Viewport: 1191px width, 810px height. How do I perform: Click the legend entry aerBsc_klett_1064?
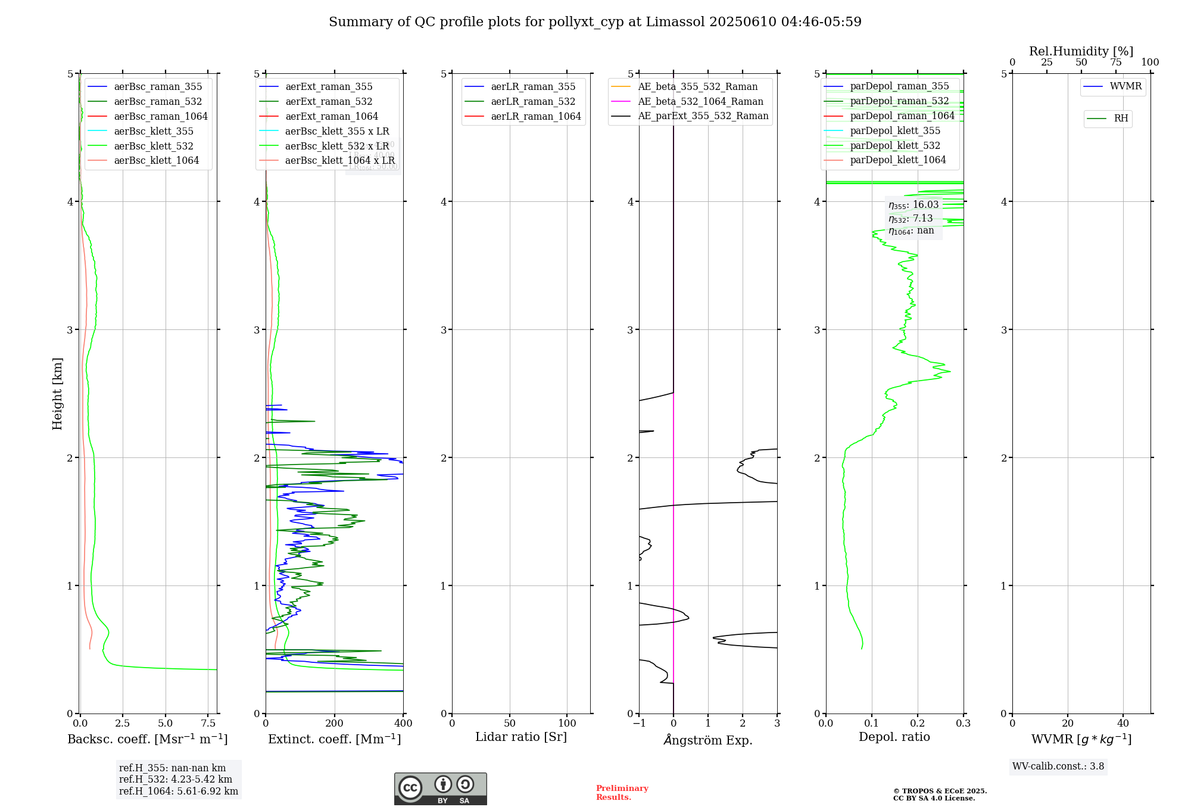pyautogui.click(x=156, y=161)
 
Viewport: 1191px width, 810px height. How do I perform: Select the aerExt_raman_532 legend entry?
pyautogui.click(x=329, y=102)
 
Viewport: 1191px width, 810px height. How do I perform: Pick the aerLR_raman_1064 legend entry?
pyautogui.click(x=535, y=117)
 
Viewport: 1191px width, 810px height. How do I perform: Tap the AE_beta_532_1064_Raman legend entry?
pyautogui.click(x=700, y=102)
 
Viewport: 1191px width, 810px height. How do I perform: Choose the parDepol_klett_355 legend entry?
pyautogui.click(x=895, y=131)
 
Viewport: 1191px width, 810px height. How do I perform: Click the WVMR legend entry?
pyautogui.click(x=1125, y=86)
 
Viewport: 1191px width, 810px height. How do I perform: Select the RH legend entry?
pyautogui.click(x=1121, y=119)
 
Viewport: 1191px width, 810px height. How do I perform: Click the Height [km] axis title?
pyautogui.click(x=57, y=394)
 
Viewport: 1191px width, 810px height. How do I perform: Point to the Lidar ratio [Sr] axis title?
pyautogui.click(x=521, y=737)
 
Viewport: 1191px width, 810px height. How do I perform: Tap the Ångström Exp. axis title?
pyautogui.click(x=708, y=740)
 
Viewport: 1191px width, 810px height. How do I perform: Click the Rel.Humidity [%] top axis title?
pyautogui.click(x=1081, y=51)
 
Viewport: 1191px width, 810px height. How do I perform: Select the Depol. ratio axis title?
pyautogui.click(x=894, y=737)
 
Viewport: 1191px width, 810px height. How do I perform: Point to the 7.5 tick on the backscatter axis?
pyautogui.click(x=208, y=724)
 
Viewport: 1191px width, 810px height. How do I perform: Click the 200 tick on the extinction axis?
pyautogui.click(x=335, y=724)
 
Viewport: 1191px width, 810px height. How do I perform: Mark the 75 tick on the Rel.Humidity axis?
pyautogui.click(x=1115, y=63)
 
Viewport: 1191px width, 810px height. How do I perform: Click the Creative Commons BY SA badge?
pyautogui.click(x=440, y=789)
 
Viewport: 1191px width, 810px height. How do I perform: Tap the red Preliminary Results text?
pyautogui.click(x=622, y=793)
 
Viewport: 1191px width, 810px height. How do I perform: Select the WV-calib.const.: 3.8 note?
pyautogui.click(x=1058, y=767)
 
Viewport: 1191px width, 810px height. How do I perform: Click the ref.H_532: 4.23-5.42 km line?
pyautogui.click(x=176, y=780)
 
